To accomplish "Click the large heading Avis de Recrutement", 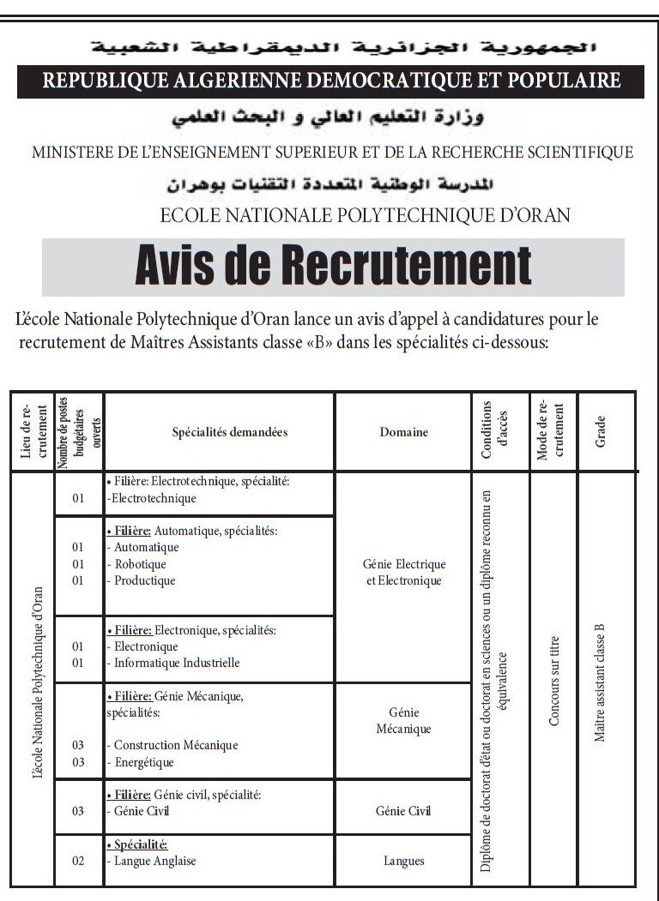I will point(333,267).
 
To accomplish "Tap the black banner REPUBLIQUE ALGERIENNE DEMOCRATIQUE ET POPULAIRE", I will point(331,81).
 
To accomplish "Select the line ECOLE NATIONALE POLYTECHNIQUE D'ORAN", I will point(366,214).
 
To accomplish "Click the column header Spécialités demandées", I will point(218,432).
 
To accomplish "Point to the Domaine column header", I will point(403,432).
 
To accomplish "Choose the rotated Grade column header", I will point(601,431).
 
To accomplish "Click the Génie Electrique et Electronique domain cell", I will point(403,573).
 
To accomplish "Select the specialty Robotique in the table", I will point(140,564).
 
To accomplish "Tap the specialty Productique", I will point(144,580).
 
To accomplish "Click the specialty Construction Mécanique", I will point(176,745).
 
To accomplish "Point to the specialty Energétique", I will point(143,762).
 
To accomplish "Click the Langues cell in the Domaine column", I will point(403,861).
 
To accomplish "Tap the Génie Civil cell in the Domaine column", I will point(403,811).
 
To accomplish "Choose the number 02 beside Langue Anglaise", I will point(78,861).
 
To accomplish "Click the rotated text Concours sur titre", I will point(554,681).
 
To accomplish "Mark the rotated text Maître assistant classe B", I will point(600,682).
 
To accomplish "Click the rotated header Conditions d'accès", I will point(495,430).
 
